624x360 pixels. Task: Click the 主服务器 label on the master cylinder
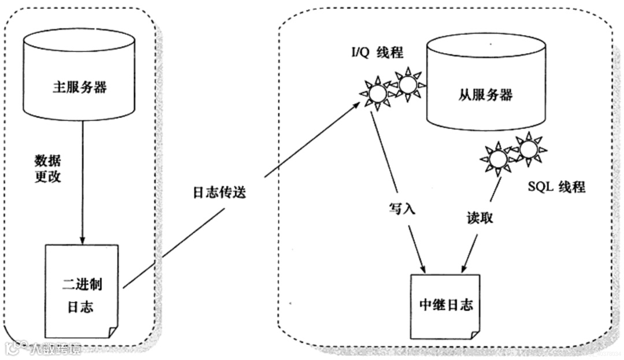80,88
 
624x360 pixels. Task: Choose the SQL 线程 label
556,187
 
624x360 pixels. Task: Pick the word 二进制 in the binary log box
83,285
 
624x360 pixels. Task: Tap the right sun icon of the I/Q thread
408,84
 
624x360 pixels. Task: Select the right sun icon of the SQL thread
528,148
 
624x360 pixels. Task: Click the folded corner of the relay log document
474,334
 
